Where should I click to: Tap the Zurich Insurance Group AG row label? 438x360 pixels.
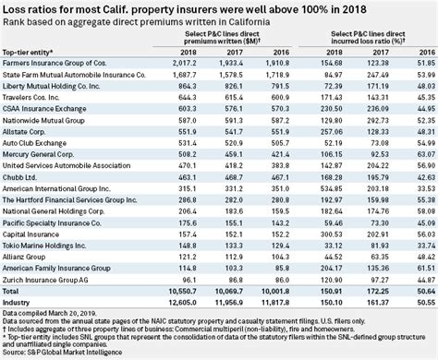(48, 278)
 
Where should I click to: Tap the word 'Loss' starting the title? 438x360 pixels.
(14, 8)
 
